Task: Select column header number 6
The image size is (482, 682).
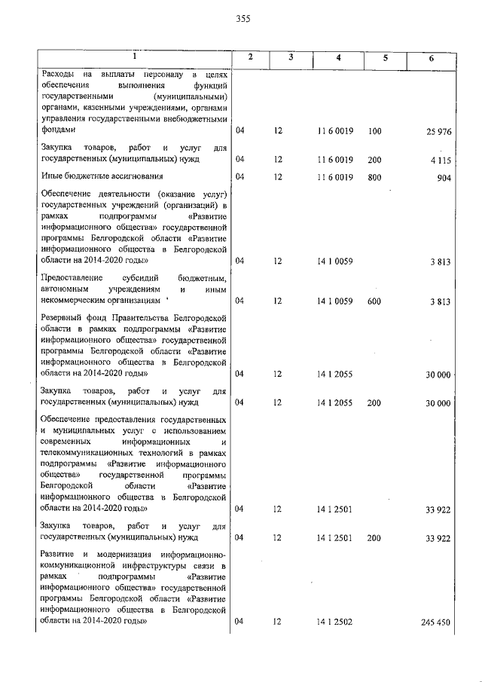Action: point(431,59)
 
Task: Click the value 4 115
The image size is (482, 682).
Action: point(441,160)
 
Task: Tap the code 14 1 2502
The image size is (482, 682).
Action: point(335,622)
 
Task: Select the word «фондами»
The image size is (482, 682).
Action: point(58,130)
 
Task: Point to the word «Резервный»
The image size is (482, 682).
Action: point(63,320)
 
